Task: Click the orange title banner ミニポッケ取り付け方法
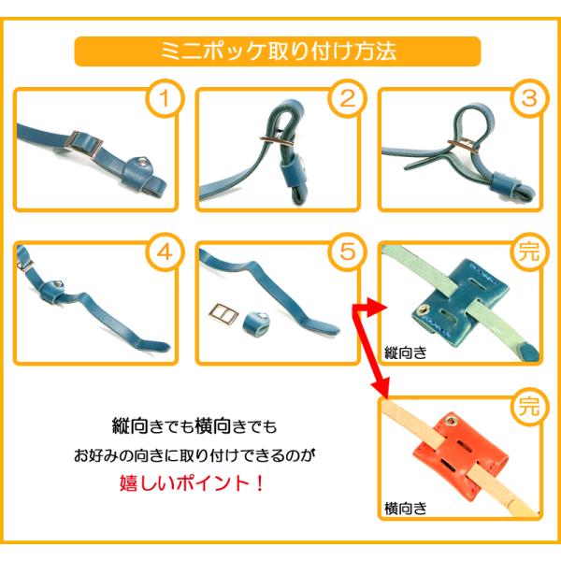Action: pos(278,51)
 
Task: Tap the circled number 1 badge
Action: pos(165,98)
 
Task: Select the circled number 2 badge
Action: pos(348,98)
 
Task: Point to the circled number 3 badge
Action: pos(529,98)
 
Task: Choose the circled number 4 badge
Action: pos(165,252)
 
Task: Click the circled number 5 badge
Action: pos(348,252)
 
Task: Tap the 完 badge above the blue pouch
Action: pos(529,252)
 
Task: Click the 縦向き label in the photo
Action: pos(406,352)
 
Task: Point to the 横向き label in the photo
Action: pos(406,508)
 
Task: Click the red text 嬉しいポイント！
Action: pos(192,483)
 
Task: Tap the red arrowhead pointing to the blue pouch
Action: pos(380,308)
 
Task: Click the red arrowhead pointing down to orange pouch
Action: pos(381,387)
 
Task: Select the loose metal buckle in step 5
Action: pos(223,315)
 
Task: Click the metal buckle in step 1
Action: pos(86,144)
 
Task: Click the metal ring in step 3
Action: pos(464,145)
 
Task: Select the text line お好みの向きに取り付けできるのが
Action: pos(195,455)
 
